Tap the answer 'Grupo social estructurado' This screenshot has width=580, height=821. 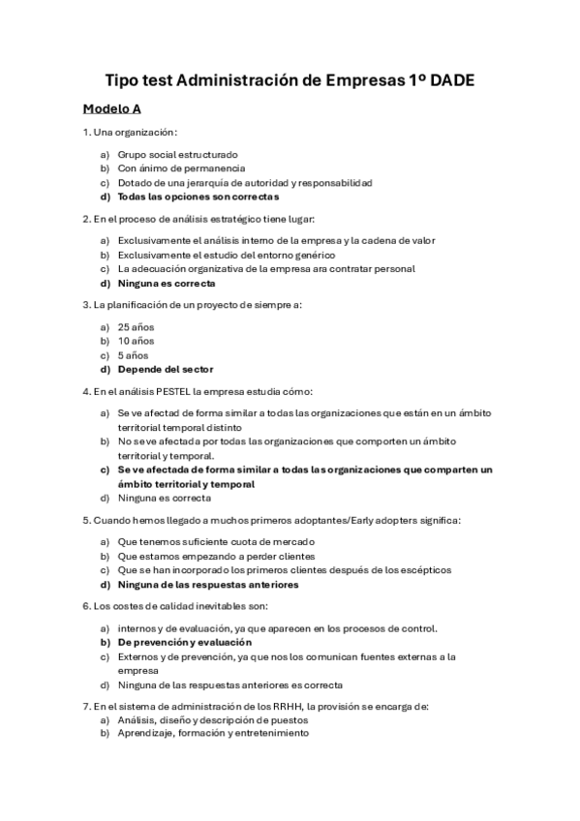pos(177,154)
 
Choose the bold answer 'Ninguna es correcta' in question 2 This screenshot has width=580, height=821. pos(167,283)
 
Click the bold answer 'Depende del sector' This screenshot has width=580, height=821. pos(166,369)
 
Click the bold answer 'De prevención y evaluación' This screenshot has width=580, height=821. pos(185,642)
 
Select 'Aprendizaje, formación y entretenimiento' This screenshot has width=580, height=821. pos(213,734)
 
